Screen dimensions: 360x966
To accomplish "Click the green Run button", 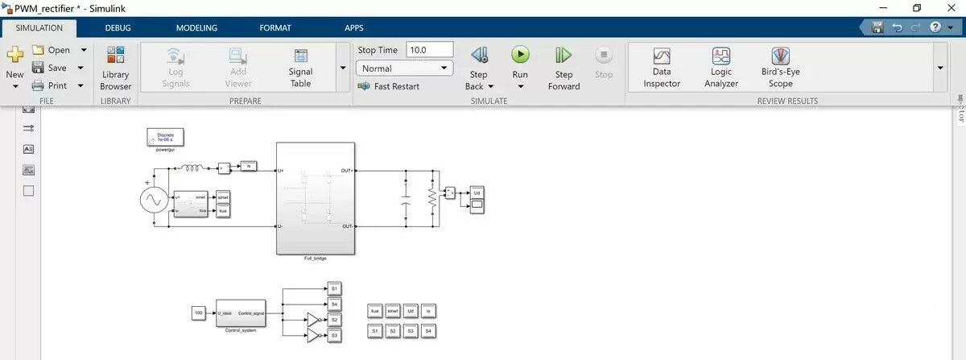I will coord(520,55).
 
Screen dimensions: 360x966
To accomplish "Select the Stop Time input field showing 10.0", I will coord(430,50).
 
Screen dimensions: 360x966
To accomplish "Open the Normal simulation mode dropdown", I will coord(404,68).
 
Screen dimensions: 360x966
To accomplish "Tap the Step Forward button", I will coord(563,55).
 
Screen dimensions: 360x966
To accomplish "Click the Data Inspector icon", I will coord(662,56).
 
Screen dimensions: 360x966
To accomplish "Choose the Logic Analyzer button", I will coord(720,56).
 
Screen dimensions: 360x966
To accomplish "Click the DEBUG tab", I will coord(118,27).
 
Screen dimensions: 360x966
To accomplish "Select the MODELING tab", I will coord(196,27).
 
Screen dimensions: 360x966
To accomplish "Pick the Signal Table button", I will coord(300,56).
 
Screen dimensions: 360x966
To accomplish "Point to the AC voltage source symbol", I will coord(153,199).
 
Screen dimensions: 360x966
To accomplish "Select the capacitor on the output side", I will coord(407,199).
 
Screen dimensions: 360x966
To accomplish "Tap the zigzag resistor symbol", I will coord(432,198).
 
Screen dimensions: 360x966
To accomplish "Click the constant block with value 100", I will coord(199,312).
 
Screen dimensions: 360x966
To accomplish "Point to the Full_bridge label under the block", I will coord(316,259).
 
